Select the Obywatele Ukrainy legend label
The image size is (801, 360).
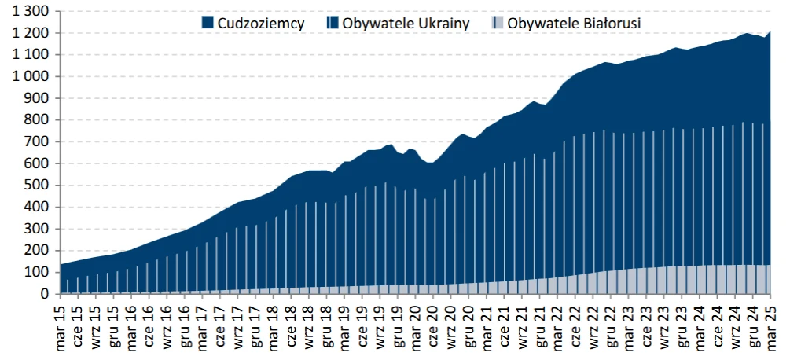point(406,24)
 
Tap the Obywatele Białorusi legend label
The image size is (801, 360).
point(574,24)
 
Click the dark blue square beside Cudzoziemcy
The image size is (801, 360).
point(208,24)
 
